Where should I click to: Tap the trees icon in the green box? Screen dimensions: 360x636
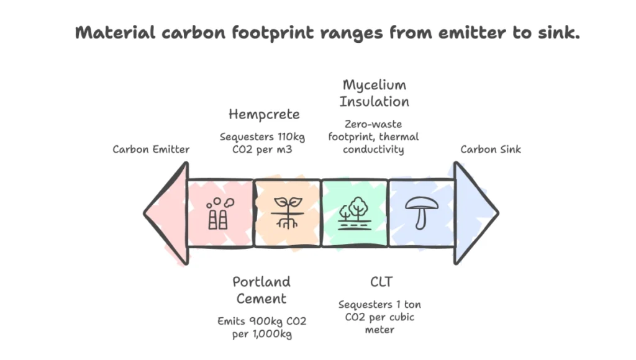pyautogui.click(x=355, y=212)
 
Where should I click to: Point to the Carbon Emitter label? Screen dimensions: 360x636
pyautogui.click(x=151, y=149)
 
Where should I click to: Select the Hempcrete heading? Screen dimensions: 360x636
pyautogui.click(x=264, y=114)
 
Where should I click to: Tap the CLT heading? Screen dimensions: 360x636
pyautogui.click(x=381, y=282)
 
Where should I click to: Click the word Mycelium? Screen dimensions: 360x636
pyautogui.click(x=374, y=85)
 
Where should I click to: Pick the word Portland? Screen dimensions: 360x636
pyautogui.click(x=261, y=282)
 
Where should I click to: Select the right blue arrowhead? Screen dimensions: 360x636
pyautogui.click(x=475, y=212)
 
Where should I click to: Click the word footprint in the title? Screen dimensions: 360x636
pyautogui.click(x=283, y=34)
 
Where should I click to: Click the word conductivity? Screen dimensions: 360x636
pyautogui.click(x=374, y=149)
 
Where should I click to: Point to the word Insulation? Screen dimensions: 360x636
pyautogui.click(x=374, y=101)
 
